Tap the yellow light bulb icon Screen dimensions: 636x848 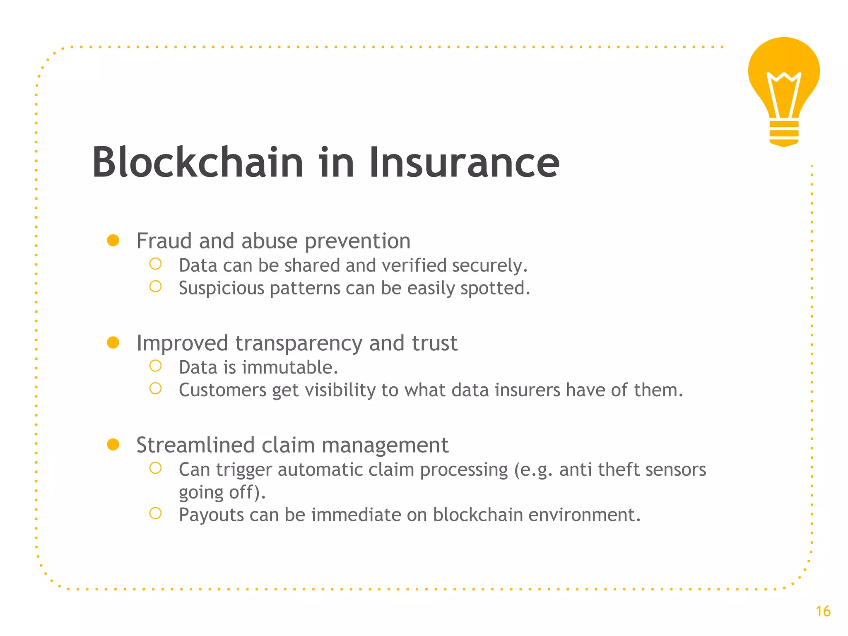(x=783, y=83)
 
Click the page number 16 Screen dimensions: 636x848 (x=823, y=612)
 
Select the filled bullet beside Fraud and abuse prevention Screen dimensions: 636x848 (x=113, y=241)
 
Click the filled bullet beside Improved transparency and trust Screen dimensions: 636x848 (x=113, y=343)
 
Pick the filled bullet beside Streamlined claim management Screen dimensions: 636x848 (x=113, y=445)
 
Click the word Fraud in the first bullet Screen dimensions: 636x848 (x=164, y=241)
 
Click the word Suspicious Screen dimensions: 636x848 (x=221, y=289)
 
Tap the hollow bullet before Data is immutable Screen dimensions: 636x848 (x=155, y=366)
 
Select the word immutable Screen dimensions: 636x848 (x=290, y=368)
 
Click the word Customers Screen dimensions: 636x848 (x=222, y=390)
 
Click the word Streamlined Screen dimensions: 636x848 (x=195, y=446)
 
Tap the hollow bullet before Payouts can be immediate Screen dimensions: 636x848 (x=155, y=513)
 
